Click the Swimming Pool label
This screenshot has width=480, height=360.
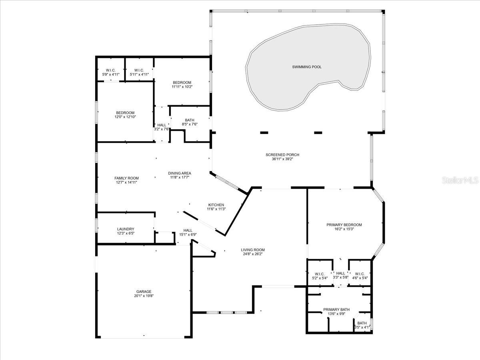(x=307, y=67)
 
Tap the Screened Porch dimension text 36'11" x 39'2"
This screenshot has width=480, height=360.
(x=282, y=159)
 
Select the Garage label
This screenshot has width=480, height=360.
(x=144, y=292)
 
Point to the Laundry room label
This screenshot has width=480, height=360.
(x=126, y=229)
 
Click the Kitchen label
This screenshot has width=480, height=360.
(x=216, y=205)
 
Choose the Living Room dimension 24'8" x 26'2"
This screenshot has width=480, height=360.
(x=253, y=254)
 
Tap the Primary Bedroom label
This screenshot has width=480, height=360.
(x=344, y=225)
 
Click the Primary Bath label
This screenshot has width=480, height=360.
(x=336, y=310)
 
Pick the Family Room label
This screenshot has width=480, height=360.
(x=127, y=178)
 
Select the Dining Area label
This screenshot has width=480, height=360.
(x=180, y=173)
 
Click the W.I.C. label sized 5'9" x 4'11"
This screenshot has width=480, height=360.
(x=111, y=70)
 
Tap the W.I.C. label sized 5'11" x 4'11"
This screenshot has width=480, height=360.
(x=139, y=70)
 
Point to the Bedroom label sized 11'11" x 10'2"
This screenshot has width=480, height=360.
(x=182, y=82)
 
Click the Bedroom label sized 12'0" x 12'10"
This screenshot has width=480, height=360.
(x=125, y=113)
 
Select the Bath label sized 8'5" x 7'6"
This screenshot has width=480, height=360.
(x=190, y=120)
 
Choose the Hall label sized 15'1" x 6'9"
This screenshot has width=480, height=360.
(x=188, y=230)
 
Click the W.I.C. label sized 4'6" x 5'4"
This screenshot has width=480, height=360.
(x=360, y=274)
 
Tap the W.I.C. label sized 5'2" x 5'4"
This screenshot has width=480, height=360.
(x=320, y=274)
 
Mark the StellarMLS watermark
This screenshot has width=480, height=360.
(x=460, y=180)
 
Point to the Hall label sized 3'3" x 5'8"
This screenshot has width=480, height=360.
(x=341, y=273)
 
